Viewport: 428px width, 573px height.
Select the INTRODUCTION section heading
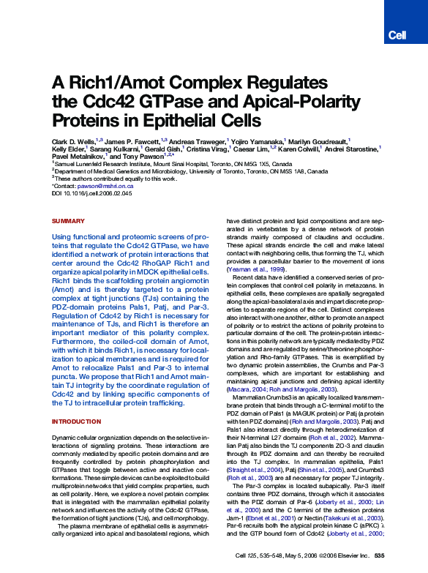click(76, 422)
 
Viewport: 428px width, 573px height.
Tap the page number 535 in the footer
click(380, 557)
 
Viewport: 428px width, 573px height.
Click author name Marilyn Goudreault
click(320, 140)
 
